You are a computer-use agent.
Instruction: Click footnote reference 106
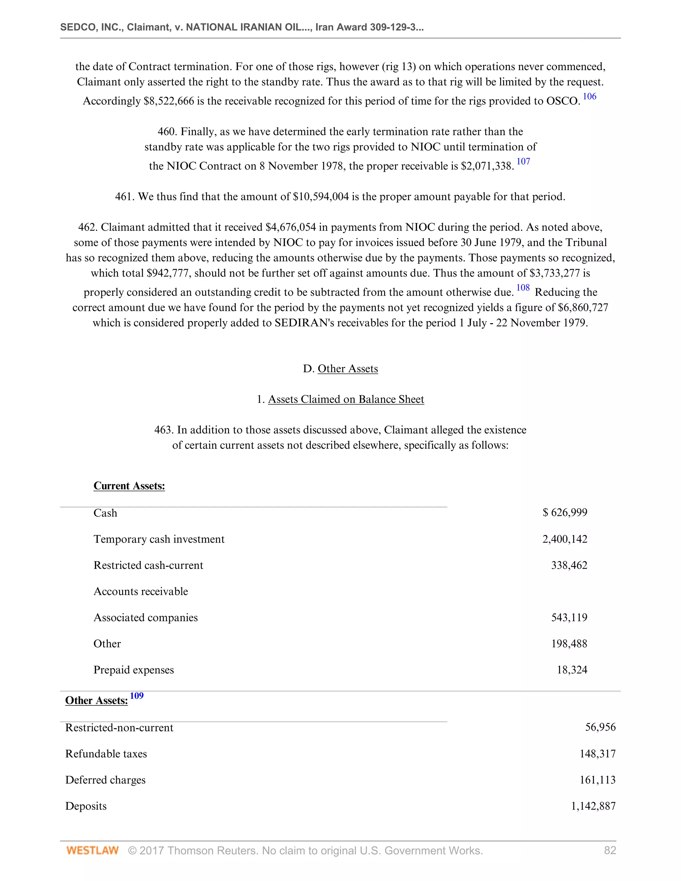590,96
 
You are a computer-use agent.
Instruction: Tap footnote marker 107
523,162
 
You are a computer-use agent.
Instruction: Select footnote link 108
523,288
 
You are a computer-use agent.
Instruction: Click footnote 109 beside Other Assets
137,696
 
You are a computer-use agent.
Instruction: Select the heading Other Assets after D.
348,369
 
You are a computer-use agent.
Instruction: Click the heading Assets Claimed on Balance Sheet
346,399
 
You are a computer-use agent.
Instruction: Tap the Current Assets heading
129,486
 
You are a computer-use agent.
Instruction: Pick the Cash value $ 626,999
565,512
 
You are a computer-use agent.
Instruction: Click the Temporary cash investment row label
159,539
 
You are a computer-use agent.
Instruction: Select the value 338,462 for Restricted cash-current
569,565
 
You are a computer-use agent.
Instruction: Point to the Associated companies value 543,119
569,618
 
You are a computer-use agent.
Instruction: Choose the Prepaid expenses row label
134,670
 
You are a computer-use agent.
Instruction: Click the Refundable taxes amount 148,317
598,754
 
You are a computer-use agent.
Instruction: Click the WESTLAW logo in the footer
92,851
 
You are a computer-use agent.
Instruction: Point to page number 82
610,851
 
